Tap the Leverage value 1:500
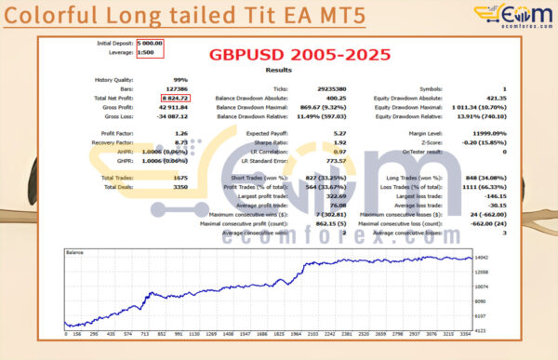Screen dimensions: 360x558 click(x=146, y=52)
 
